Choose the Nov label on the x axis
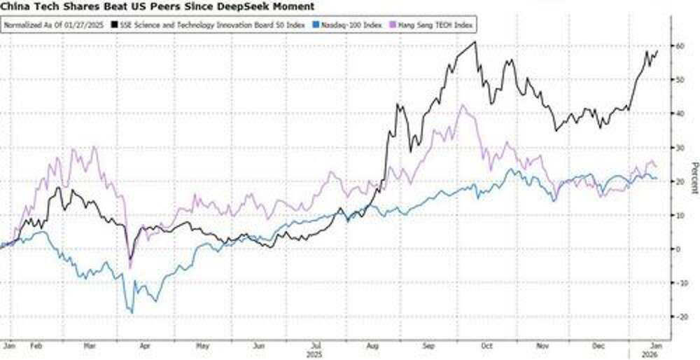tap(541, 346)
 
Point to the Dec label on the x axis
tap(598, 346)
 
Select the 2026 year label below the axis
tap(650, 354)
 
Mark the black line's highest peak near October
tap(475, 42)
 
